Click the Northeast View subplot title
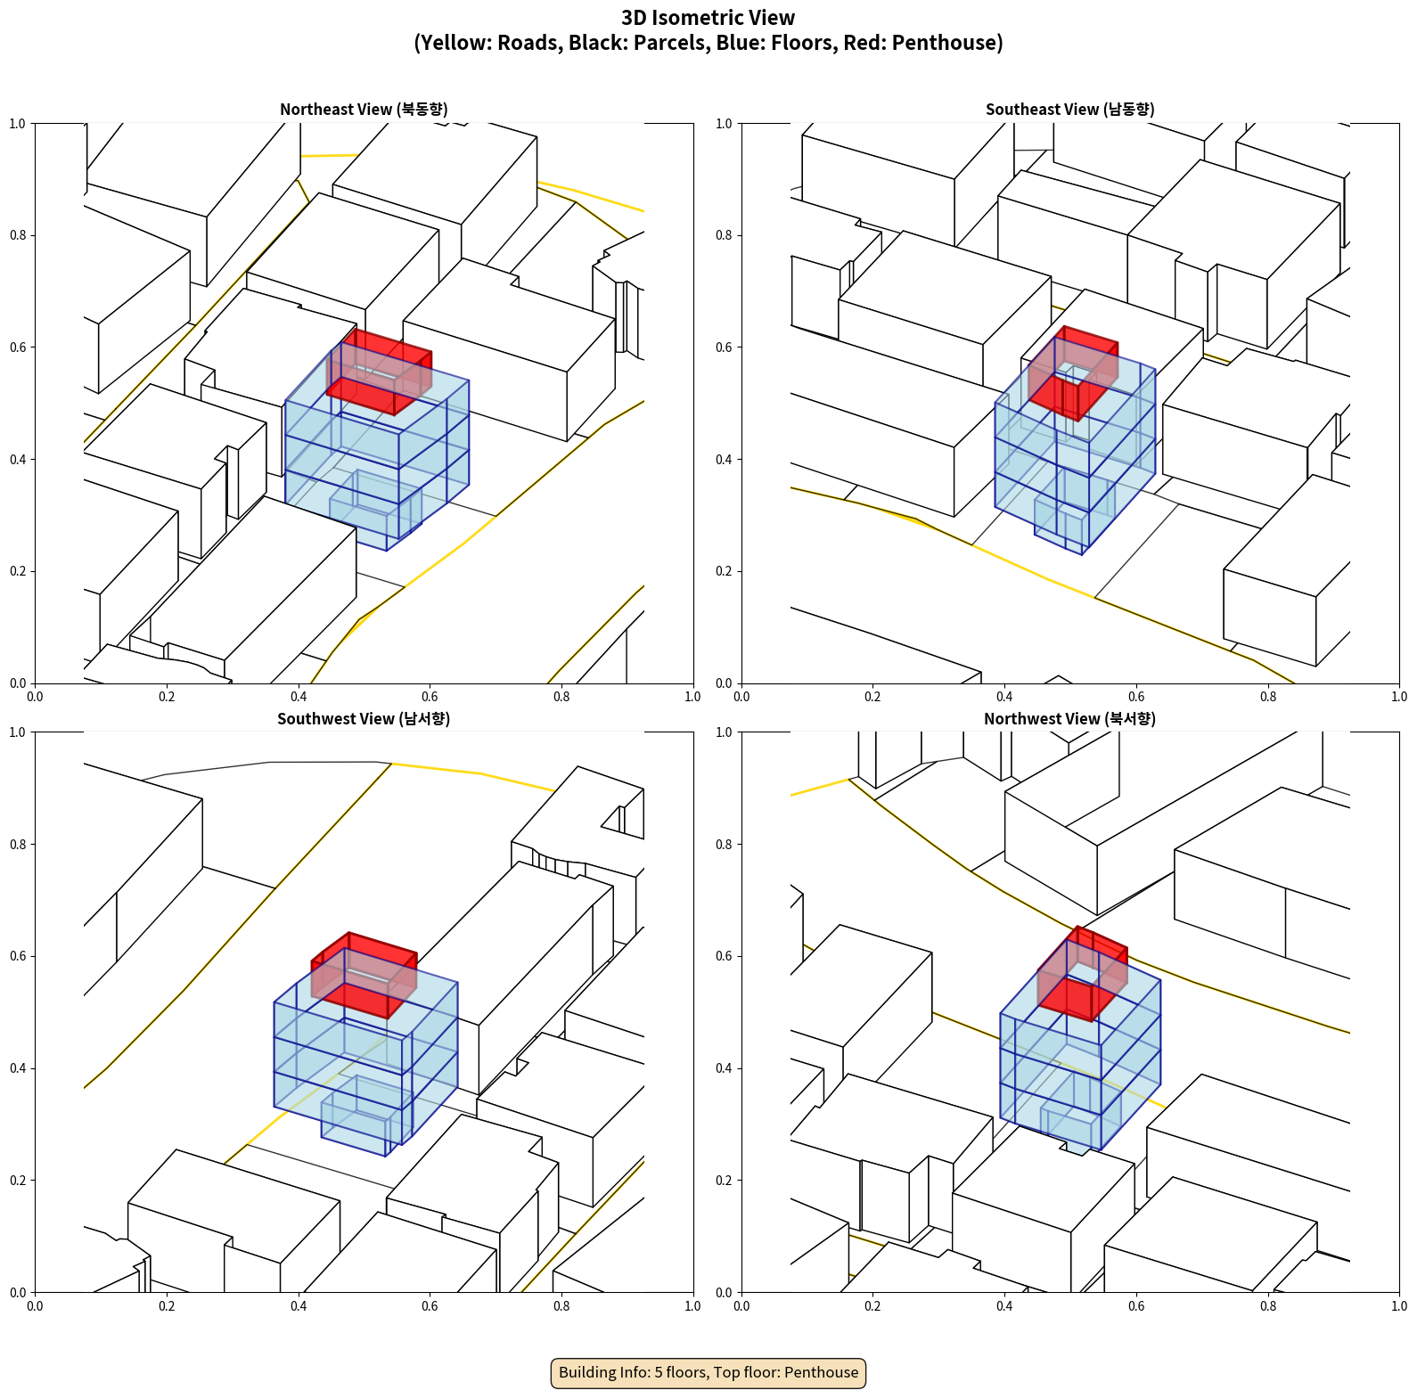click(x=364, y=110)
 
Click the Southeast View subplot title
click(x=1069, y=110)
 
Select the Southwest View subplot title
click(x=364, y=719)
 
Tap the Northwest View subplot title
click(x=1069, y=719)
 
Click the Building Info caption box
click(x=708, y=1372)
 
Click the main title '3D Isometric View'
click(x=708, y=18)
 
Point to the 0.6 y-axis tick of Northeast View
click(x=18, y=347)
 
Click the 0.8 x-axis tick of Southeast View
click(x=1268, y=697)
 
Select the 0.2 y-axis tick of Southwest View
click(x=18, y=1181)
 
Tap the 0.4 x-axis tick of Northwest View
click(x=1004, y=1306)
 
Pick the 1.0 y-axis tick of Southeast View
click(x=724, y=124)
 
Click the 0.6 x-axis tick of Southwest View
click(x=430, y=1306)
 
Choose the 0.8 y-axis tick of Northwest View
click(x=724, y=845)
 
